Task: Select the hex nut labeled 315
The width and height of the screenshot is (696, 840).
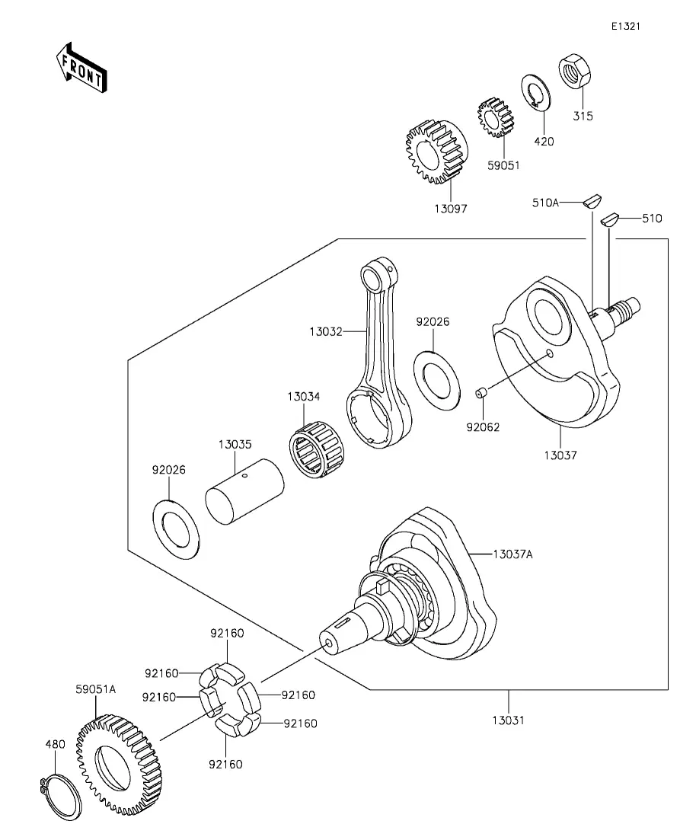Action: [x=574, y=71]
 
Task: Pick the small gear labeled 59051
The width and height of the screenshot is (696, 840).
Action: [x=495, y=118]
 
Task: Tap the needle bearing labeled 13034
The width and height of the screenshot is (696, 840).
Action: [x=317, y=449]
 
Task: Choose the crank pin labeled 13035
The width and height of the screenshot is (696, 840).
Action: [x=245, y=491]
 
